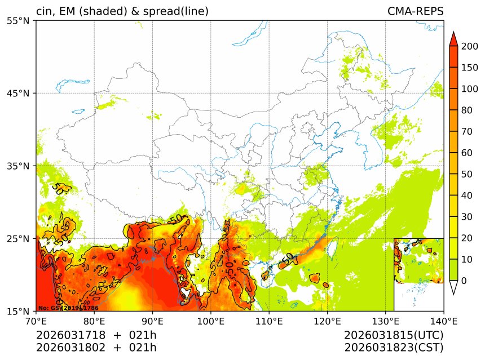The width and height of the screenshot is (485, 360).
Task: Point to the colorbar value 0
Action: tap(464, 281)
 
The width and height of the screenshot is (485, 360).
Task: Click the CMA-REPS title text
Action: tap(415, 11)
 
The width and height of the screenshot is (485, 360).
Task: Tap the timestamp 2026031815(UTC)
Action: tap(394, 335)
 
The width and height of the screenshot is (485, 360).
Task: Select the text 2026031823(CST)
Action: tap(394, 347)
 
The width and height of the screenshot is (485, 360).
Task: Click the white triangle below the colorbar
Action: tap(453, 287)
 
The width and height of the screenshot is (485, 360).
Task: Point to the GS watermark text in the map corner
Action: tap(68, 308)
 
